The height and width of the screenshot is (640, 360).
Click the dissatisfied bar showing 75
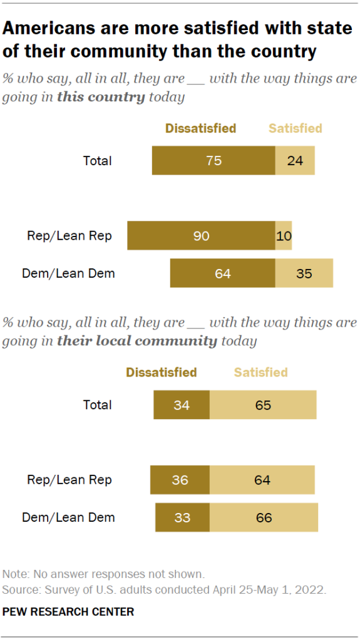coord(213,161)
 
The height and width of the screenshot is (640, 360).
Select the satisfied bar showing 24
coord(295,161)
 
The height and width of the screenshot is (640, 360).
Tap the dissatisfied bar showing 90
coord(201,236)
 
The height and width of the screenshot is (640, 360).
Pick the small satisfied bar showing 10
coord(284,236)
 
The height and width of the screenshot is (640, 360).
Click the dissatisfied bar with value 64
coord(222,273)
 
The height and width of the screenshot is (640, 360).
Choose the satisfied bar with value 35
coord(304,273)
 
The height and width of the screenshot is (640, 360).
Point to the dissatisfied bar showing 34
coord(182,405)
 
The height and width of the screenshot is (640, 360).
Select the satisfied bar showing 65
coord(263,405)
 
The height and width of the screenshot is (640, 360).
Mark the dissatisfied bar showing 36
coord(180,480)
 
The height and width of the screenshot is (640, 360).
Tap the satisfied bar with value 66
coord(264,517)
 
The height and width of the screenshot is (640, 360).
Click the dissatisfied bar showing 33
coord(182,517)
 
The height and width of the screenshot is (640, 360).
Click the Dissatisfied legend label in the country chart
coord(200,128)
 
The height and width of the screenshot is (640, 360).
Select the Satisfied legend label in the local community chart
coord(260,372)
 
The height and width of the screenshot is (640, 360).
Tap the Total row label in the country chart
coord(98,161)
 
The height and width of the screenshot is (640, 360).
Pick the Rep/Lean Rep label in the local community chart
coord(69,480)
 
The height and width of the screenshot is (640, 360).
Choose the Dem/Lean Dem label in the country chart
coord(68,273)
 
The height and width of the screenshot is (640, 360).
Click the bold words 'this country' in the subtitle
coord(101,98)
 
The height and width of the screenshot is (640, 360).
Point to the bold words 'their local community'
coord(136,342)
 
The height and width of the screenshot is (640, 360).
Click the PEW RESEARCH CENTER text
coord(68,611)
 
